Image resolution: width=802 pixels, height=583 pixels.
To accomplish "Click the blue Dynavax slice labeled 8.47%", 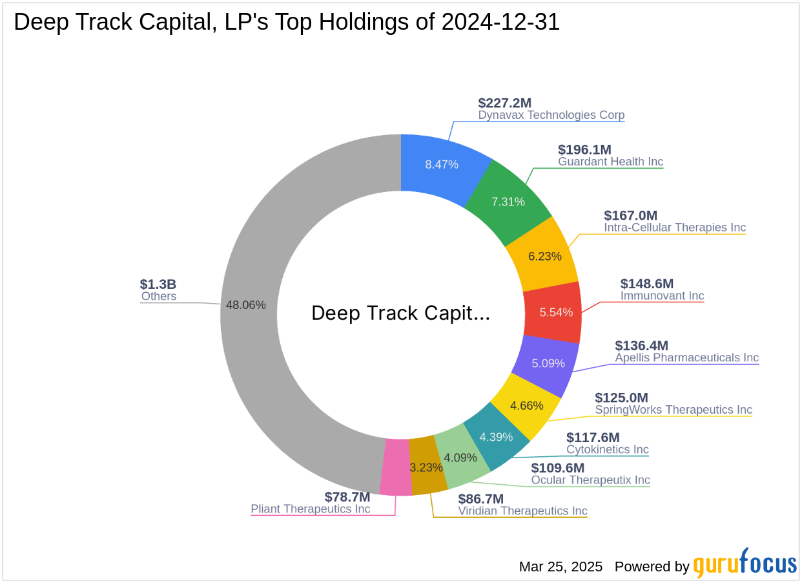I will tap(442, 164).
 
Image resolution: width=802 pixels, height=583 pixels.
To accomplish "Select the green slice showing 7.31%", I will tap(508, 201).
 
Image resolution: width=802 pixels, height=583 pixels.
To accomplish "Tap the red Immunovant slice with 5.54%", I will tap(556, 312).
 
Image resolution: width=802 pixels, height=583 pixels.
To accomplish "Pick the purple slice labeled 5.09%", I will tap(548, 363).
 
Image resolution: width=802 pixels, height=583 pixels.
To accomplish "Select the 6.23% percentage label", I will tap(545, 256).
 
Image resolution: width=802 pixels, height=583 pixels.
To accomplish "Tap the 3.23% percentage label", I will tap(427, 467).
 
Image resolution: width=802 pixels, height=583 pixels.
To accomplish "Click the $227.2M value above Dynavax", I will tap(504, 103).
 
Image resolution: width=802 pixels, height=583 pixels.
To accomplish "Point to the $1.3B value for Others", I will tap(158, 284).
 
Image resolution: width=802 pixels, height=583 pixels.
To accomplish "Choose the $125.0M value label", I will tap(621, 397).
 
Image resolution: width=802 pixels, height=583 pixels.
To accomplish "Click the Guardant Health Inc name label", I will tap(610, 162).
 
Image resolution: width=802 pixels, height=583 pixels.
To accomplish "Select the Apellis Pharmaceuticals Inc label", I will tap(686, 357).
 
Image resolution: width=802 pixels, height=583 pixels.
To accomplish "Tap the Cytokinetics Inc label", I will tap(607, 449).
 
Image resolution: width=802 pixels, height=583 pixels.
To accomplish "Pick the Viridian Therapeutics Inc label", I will tap(522, 511).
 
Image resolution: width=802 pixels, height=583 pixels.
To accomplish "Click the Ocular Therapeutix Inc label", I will tap(590, 480).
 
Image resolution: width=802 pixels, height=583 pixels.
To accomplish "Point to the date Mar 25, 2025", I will tap(560, 567).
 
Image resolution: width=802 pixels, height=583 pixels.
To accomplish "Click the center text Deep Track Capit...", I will tap(400, 313).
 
